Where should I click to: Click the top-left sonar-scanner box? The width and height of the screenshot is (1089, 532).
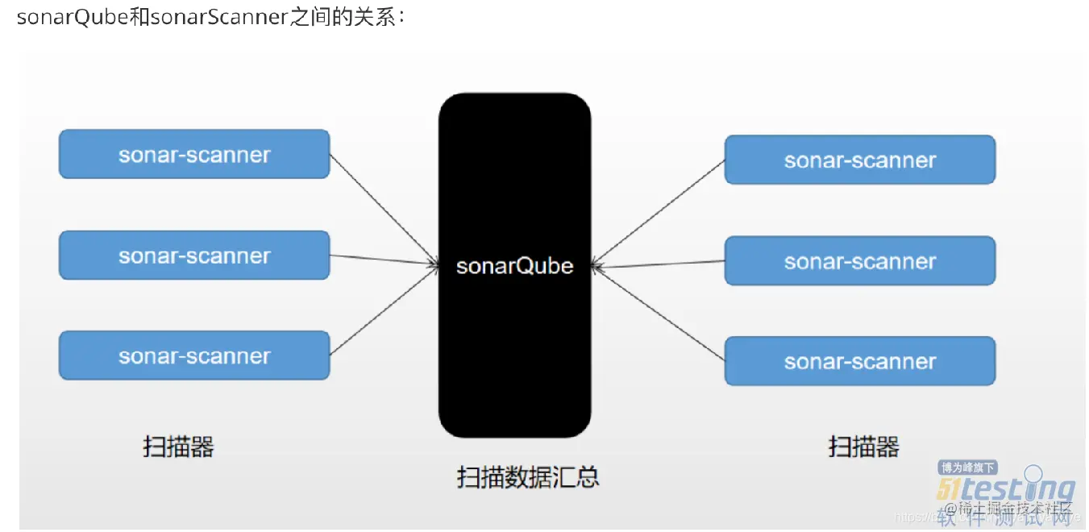(194, 154)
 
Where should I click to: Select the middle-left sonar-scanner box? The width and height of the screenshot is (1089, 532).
(194, 256)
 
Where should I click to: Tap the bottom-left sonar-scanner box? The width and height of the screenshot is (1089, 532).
(194, 355)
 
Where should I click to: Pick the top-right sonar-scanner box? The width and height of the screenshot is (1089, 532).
(860, 160)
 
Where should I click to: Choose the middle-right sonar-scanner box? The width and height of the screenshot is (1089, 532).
(860, 261)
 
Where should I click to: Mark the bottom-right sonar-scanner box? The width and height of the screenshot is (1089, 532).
(860, 361)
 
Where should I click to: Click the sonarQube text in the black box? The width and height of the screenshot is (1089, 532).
(514, 266)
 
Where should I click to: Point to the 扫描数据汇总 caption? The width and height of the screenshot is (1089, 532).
(528, 477)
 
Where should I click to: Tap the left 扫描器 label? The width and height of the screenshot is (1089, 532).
(178, 446)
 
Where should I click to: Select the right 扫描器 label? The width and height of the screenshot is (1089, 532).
(863, 446)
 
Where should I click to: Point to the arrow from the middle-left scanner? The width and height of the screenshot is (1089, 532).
(384, 260)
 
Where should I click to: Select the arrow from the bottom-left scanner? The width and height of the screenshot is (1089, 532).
(384, 310)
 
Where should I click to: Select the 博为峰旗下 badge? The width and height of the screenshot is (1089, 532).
(968, 468)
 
